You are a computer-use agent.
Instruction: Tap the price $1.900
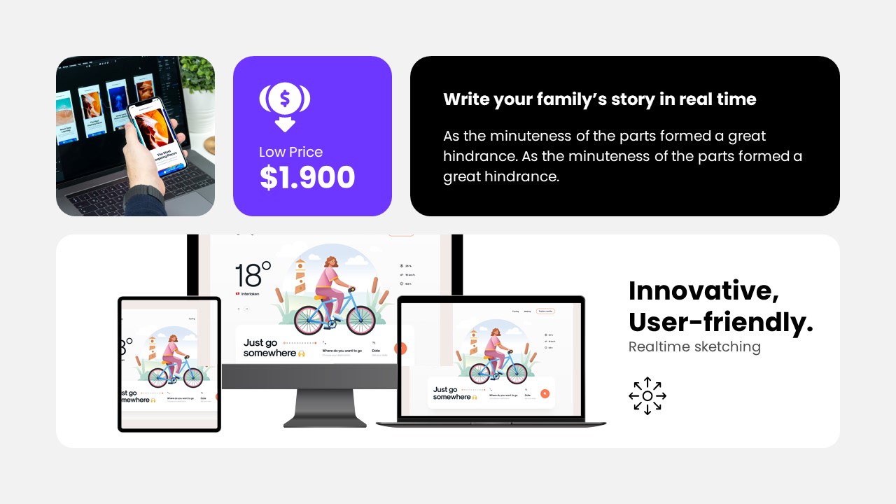tap(307, 178)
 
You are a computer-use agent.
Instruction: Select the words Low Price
tap(290, 152)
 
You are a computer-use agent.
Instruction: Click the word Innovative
tap(703, 290)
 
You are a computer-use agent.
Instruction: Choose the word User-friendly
tap(720, 322)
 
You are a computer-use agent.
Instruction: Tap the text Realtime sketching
tap(694, 346)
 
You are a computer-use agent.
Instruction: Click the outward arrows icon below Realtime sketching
tap(647, 396)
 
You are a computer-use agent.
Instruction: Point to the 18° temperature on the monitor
tap(252, 275)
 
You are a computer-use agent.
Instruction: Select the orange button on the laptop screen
tap(545, 393)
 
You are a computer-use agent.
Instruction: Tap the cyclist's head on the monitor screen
tap(330, 261)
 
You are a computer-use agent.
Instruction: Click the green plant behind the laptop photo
tap(198, 78)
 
